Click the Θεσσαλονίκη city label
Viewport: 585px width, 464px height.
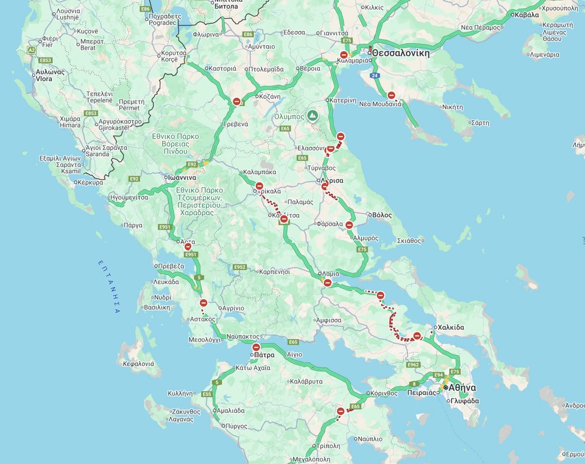pyautogui.click(x=401, y=53)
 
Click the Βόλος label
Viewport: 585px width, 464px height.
pyautogui.click(x=382, y=215)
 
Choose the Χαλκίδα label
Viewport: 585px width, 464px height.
pyautogui.click(x=450, y=327)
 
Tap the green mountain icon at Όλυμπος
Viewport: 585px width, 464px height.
pyautogui.click(x=312, y=115)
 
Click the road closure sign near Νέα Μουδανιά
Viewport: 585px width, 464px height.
pyautogui.click(x=391, y=96)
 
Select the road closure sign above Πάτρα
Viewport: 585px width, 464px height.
pyautogui.click(x=256, y=347)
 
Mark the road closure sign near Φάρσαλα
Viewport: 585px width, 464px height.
pyautogui.click(x=349, y=225)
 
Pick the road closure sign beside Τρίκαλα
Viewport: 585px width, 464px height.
pyautogui.click(x=259, y=186)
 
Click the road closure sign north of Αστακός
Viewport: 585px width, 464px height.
pyautogui.click(x=204, y=303)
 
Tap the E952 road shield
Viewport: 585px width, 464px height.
pyautogui.click(x=239, y=267)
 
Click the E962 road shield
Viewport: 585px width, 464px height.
pyautogui.click(x=413, y=365)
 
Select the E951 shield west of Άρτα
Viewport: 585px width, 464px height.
pyautogui.click(x=165, y=227)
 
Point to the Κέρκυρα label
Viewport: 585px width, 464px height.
pyautogui.click(x=91, y=182)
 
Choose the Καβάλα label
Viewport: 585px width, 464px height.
pyautogui.click(x=526, y=15)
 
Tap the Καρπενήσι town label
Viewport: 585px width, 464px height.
pyautogui.click(x=282, y=271)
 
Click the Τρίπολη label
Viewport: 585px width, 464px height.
pyautogui.click(x=328, y=446)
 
